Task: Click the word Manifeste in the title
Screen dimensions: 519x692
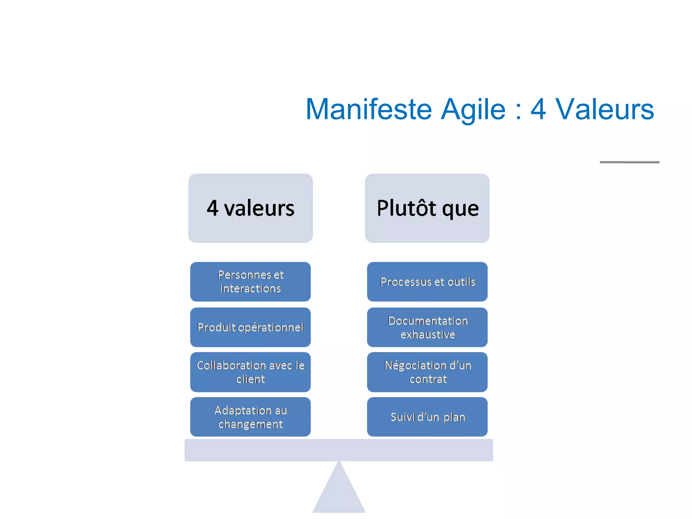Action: (x=369, y=109)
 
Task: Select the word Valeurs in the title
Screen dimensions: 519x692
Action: (x=605, y=109)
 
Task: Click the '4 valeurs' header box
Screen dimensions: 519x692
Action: (x=250, y=208)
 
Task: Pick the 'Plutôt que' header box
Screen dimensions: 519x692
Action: (x=427, y=208)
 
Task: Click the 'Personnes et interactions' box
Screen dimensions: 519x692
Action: (x=250, y=281)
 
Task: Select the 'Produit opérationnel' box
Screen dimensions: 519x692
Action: (x=250, y=327)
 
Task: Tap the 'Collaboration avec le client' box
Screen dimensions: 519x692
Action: (x=250, y=372)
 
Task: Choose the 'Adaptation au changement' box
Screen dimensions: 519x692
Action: (x=250, y=417)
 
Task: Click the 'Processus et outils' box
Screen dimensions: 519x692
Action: (x=427, y=281)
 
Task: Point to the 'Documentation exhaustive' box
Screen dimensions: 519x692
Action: (x=427, y=327)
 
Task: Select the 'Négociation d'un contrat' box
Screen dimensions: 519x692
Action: (x=427, y=372)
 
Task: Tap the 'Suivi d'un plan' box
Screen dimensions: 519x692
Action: (x=427, y=417)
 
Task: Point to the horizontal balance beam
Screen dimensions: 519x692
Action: (x=339, y=450)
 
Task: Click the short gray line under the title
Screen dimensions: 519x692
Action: (x=629, y=162)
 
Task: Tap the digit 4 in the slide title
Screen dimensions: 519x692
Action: (x=538, y=109)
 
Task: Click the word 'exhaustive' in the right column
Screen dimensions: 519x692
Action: (x=428, y=335)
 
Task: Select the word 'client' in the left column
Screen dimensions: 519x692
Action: (x=250, y=379)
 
